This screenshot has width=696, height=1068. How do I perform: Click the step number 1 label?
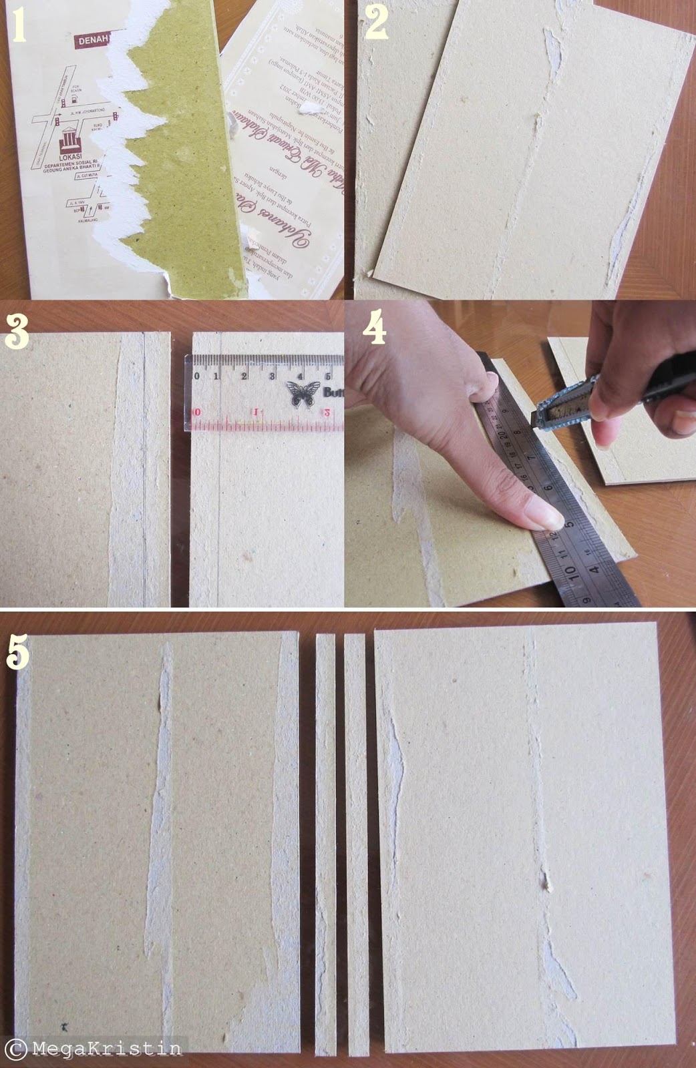[x=19, y=25]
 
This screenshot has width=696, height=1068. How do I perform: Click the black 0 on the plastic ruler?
[x=196, y=376]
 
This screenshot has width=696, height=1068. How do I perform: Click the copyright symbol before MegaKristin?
[x=18, y=1049]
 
